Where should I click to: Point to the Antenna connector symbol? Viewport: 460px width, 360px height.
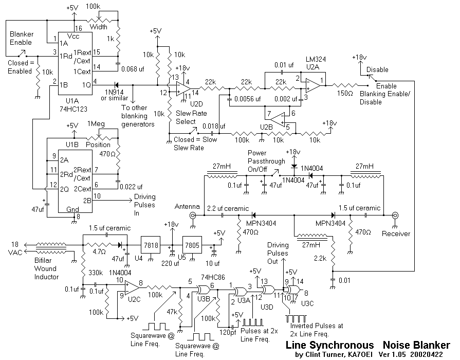[193, 216]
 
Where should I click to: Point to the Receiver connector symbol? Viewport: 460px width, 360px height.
[395, 216]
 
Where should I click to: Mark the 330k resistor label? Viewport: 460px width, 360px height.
[97, 272]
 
